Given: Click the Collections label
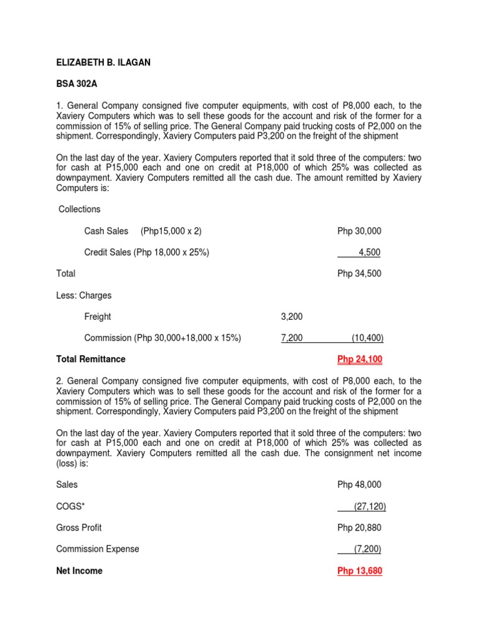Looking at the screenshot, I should [x=80, y=210].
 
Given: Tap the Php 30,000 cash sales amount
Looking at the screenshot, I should [x=359, y=231].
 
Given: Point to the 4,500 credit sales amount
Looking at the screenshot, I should [x=369, y=253].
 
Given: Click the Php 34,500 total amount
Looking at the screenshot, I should [x=359, y=274].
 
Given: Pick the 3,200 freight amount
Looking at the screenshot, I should [x=292, y=317].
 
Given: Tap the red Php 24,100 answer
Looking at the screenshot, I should [x=360, y=360].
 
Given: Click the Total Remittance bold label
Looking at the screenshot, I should [x=91, y=360].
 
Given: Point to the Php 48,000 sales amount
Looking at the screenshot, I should [x=359, y=485].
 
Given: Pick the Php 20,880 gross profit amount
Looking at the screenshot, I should [x=359, y=528].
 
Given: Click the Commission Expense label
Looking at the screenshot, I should [x=98, y=549].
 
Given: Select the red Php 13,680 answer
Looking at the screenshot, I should [x=360, y=571].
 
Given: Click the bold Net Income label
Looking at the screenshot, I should [x=80, y=571].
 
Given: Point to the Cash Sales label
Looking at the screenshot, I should [x=106, y=231].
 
